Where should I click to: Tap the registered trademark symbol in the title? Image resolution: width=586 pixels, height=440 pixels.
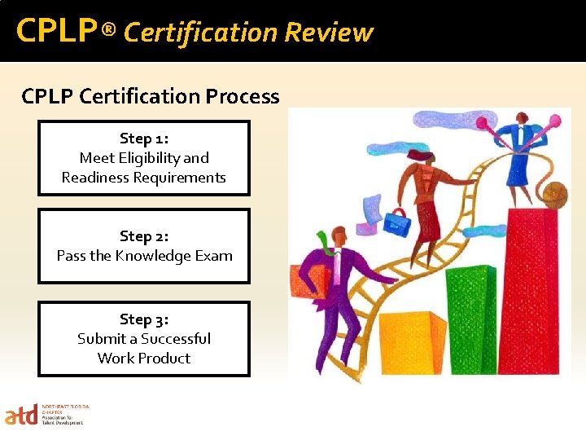pyautogui.click(x=110, y=32)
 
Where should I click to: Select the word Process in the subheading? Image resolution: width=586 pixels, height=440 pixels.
pyautogui.click(x=243, y=96)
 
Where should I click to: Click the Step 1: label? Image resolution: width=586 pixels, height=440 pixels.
pyautogui.click(x=144, y=139)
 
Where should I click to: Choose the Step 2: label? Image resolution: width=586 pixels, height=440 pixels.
pyautogui.click(x=144, y=236)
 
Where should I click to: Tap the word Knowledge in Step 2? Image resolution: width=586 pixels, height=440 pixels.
pyautogui.click(x=158, y=256)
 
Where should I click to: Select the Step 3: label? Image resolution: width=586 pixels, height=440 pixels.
pyautogui.click(x=144, y=319)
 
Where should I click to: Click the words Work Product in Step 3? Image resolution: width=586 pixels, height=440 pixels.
pyautogui.click(x=144, y=359)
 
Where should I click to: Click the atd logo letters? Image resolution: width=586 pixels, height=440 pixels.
pyautogui.click(x=21, y=416)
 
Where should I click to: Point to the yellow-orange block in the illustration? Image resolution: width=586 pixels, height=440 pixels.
pyautogui.click(x=411, y=342)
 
